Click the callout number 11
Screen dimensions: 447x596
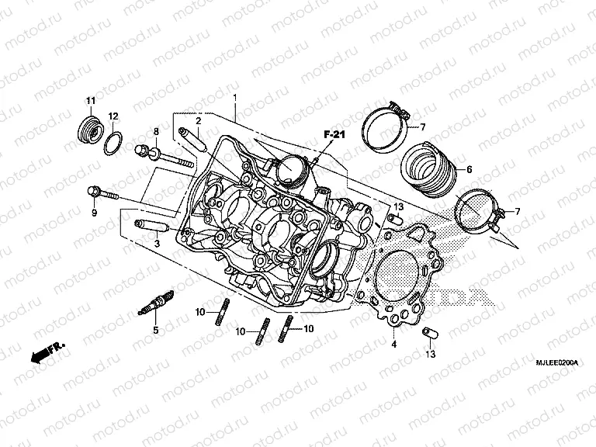[90, 102]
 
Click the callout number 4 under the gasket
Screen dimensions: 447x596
[393, 343]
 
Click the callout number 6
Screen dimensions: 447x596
[469, 168]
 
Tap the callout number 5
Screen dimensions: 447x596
[154, 331]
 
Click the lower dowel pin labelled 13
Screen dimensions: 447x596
[425, 334]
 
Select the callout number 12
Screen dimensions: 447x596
[113, 116]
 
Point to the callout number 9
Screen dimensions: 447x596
[94, 212]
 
